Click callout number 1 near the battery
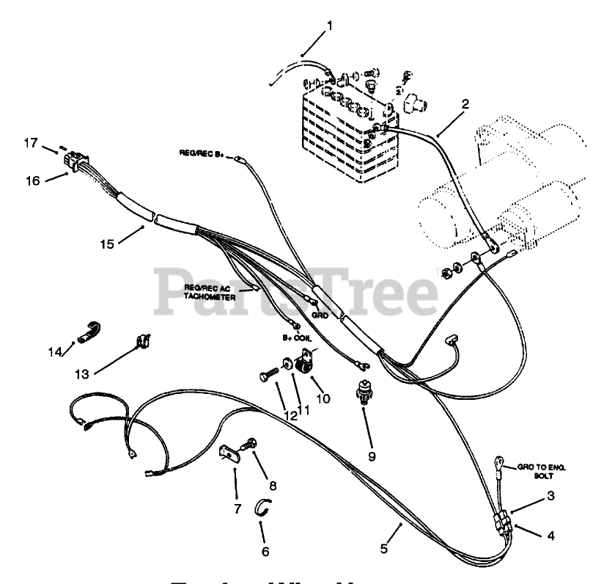pos(330,26)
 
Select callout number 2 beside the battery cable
pos(465,105)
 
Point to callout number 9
pos(372,456)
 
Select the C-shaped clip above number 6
pos(265,507)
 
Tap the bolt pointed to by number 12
pos(267,376)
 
